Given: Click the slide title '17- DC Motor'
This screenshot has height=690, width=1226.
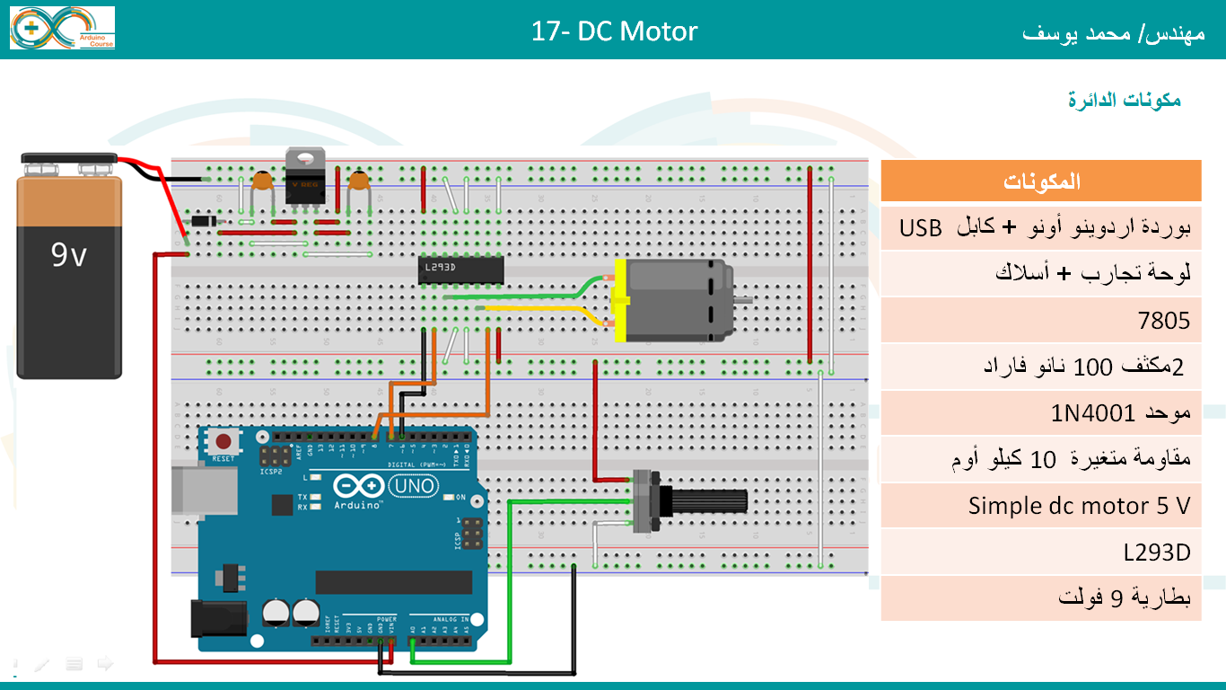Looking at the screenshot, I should (614, 31).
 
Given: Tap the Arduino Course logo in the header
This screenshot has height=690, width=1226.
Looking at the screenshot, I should (63, 28).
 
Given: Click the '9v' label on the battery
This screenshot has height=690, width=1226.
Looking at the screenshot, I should (68, 256).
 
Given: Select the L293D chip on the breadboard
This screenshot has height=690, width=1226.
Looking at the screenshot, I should (460, 270).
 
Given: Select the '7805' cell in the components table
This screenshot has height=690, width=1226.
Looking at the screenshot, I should (1041, 320).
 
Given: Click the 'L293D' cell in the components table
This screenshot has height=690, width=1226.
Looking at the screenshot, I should (1041, 553).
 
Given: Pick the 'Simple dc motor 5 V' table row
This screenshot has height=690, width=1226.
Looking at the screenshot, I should (1041, 506).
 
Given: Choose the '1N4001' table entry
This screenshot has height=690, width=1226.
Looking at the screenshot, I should (1041, 413).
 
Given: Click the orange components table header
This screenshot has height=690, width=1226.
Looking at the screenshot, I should (1041, 181).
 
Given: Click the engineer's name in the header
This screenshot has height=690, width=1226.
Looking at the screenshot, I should (1112, 33).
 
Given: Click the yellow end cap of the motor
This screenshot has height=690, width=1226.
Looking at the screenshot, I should (620, 300).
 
